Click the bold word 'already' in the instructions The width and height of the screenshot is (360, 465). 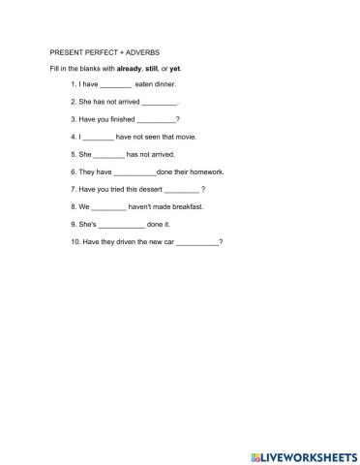coord(130,68)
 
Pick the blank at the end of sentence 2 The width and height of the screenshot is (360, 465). coord(160,103)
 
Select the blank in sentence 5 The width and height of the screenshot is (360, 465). coord(108,155)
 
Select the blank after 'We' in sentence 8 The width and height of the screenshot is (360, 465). coord(108,207)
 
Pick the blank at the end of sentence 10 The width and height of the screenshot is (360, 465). coord(197,242)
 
